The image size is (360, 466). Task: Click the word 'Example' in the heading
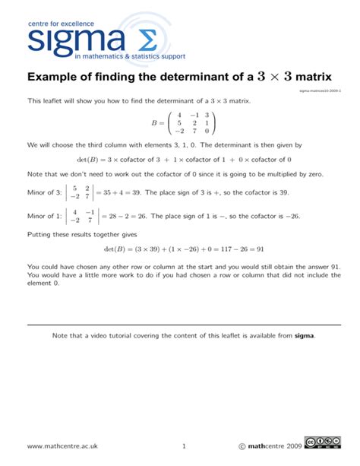(55, 78)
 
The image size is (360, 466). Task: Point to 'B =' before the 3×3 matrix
(156, 123)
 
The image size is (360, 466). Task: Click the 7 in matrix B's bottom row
(195, 131)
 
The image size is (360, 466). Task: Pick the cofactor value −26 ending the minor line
(291, 217)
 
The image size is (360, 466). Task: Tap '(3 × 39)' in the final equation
(150, 249)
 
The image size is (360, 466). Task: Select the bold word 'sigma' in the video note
(304, 334)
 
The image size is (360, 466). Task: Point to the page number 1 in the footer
(184, 445)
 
